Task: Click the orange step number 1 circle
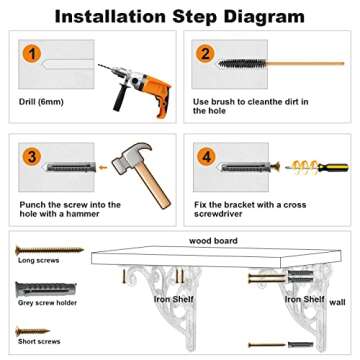pyautogui.click(x=32, y=53)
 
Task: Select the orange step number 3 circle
pyautogui.click(x=32, y=156)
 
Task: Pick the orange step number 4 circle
pyautogui.click(x=207, y=156)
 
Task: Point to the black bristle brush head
pyautogui.click(x=242, y=63)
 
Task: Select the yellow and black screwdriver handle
pyautogui.click(x=333, y=167)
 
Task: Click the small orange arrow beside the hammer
pyautogui.click(x=103, y=167)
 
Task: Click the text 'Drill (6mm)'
pyautogui.click(x=41, y=102)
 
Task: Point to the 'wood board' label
pyautogui.click(x=213, y=241)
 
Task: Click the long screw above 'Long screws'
pyautogui.click(x=50, y=249)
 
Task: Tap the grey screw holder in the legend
pyautogui.click(x=46, y=289)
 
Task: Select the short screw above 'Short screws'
pyautogui.click(x=33, y=331)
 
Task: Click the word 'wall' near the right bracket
pyautogui.click(x=337, y=302)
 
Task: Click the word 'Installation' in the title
pyautogui.click(x=110, y=16)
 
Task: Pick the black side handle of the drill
pyautogui.click(x=119, y=99)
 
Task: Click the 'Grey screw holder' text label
pyautogui.click(x=47, y=303)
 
